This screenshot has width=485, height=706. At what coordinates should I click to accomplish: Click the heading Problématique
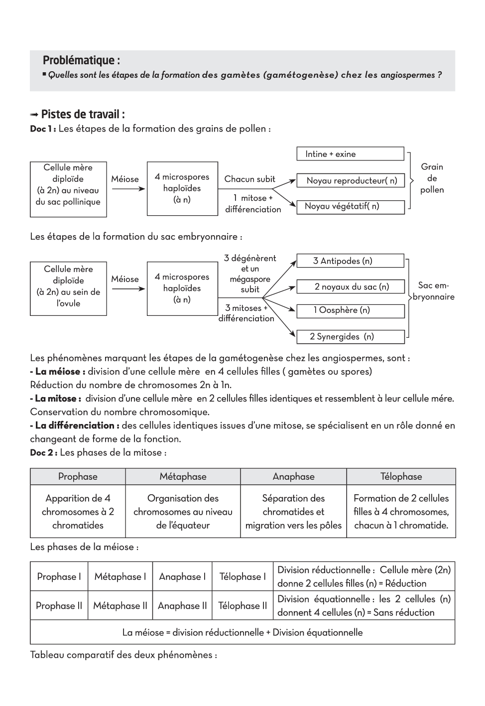[x=81, y=61]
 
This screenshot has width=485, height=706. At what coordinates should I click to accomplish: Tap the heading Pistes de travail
[x=82, y=115]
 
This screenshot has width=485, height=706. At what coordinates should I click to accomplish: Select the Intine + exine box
[x=350, y=154]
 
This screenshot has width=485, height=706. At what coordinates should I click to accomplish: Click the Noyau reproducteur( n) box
[x=350, y=181]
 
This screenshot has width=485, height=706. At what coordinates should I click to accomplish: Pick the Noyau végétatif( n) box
[x=350, y=207]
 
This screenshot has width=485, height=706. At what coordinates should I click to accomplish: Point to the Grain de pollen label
[x=432, y=178]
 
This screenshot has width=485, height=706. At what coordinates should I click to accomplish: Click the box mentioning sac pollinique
[x=68, y=189]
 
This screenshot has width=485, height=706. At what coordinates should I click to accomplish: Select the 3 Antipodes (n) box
[x=350, y=261]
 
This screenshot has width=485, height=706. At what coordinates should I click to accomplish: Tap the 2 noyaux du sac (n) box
[x=350, y=287]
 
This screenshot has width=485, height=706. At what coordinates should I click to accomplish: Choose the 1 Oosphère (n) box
[x=350, y=311]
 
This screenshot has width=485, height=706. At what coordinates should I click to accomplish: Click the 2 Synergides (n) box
[x=350, y=337]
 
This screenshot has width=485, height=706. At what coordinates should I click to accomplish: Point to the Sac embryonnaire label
[x=434, y=291]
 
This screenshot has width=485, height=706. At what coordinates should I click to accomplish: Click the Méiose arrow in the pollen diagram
[x=125, y=189]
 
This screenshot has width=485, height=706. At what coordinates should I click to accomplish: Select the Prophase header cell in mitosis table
[x=78, y=477]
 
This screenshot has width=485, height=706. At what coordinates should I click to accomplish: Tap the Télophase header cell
[x=401, y=477]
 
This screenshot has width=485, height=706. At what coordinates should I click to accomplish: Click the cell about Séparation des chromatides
[x=293, y=512]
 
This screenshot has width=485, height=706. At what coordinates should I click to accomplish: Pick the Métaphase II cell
[x=120, y=606]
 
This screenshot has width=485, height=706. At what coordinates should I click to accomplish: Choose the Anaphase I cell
[x=182, y=577]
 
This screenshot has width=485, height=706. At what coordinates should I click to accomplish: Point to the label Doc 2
[x=43, y=453]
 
